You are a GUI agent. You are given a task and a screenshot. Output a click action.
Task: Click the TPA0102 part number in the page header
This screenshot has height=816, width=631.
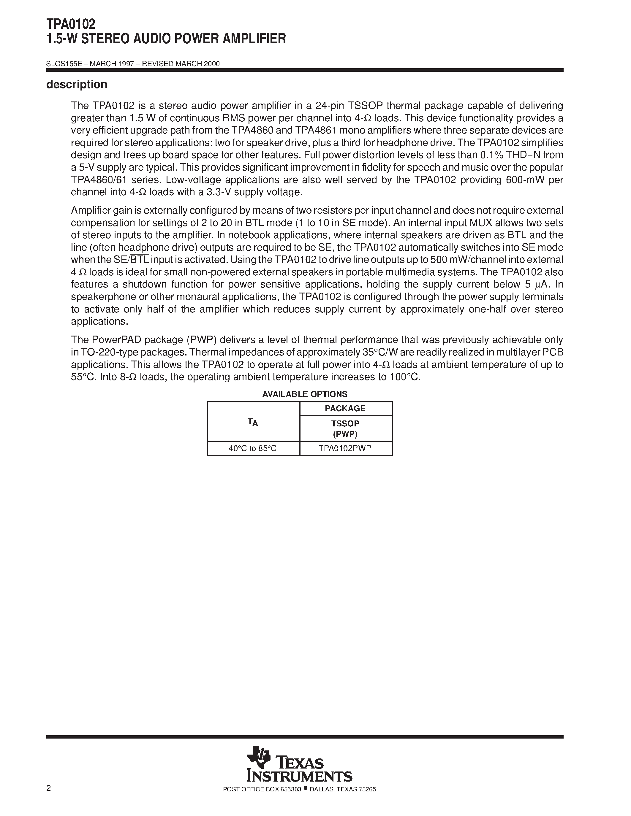[71, 24]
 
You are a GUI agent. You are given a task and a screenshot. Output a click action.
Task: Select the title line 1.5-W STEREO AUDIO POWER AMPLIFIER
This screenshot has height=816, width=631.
[166, 39]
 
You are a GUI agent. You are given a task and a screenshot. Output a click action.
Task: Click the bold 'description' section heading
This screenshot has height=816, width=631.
[77, 85]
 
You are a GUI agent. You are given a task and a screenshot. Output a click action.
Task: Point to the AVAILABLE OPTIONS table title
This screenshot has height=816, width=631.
[305, 394]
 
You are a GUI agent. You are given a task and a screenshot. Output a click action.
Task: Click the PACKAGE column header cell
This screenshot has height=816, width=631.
[345, 408]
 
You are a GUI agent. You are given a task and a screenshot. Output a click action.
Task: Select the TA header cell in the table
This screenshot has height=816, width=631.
[253, 422]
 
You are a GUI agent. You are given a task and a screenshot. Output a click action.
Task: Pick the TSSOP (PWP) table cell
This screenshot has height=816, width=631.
[345, 428]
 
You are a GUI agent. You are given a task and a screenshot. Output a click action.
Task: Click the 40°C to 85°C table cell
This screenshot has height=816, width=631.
[253, 448]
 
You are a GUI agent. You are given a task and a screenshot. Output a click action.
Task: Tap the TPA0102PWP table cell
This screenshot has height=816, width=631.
[345, 448]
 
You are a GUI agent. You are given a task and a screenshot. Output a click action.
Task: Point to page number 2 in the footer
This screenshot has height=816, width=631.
[49, 798]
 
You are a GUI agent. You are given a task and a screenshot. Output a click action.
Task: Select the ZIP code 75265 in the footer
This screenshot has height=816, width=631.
[367, 800]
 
